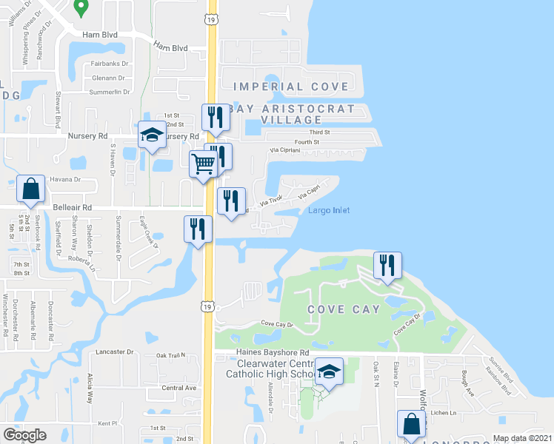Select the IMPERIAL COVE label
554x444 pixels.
[x=291, y=87]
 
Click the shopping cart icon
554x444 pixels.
[x=202, y=163]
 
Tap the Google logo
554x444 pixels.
[x=24, y=435]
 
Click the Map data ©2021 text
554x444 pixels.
[x=522, y=438]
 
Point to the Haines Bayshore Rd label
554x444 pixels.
[x=256, y=353]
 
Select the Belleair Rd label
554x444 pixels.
[x=73, y=208]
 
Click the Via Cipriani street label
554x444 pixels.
[x=284, y=150]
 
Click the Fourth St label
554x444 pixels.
[x=307, y=141]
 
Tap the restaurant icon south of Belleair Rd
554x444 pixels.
[x=197, y=227]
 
